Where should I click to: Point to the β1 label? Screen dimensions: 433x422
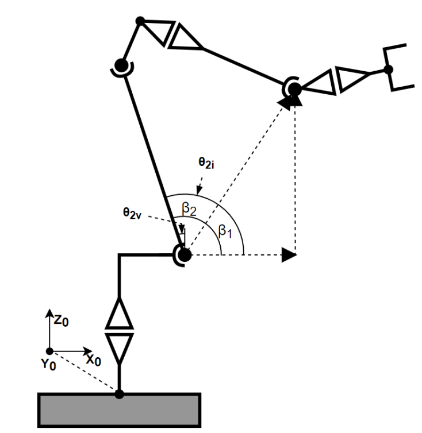[224, 231]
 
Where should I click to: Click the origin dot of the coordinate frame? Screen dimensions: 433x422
[50, 351]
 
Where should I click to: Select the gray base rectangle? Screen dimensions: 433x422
[119, 410]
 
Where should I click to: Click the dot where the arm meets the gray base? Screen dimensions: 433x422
[119, 394]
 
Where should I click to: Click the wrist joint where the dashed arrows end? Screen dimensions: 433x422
[294, 89]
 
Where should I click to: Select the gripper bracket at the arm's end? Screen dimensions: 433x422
[401, 66]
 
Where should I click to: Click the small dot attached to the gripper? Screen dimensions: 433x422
[388, 69]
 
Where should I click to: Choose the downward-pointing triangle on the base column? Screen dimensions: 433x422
[119, 347]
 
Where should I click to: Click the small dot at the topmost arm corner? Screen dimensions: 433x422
[139, 21]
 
